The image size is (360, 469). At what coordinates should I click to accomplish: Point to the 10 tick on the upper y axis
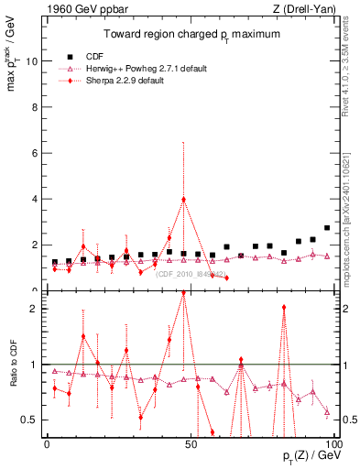click(x=32, y=61)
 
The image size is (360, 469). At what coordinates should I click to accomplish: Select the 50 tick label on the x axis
click(x=191, y=443)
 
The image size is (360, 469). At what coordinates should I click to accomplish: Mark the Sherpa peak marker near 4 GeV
click(x=184, y=200)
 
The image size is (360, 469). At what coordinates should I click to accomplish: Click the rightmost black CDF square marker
click(x=327, y=228)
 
